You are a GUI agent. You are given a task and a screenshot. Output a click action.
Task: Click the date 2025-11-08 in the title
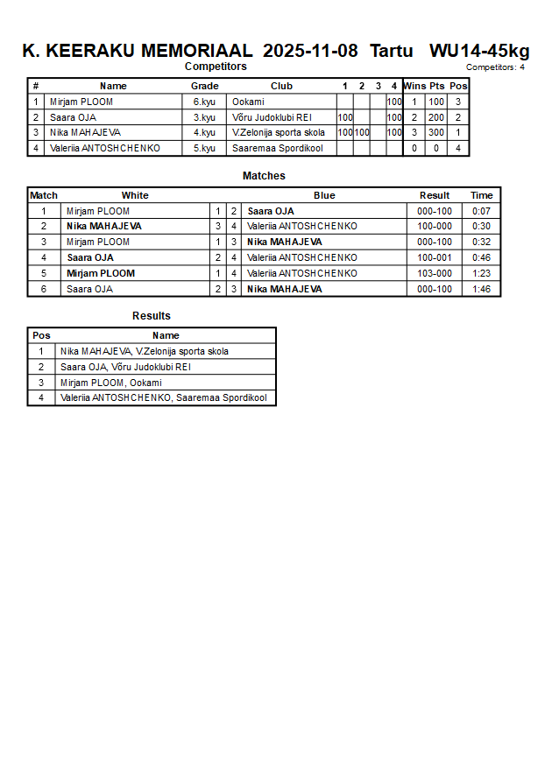[310, 51]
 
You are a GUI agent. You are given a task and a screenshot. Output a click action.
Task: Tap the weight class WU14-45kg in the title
[479, 51]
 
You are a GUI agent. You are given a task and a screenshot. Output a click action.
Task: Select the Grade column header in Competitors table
[204, 86]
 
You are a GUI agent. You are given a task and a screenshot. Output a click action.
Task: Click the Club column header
[281, 86]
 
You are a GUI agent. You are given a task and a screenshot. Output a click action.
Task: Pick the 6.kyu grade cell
[204, 102]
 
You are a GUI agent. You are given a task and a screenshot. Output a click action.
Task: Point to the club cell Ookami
[248, 102]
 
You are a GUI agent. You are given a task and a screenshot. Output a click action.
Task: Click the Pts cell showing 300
[436, 133]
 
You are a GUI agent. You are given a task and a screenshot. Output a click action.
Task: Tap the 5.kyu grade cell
[204, 148]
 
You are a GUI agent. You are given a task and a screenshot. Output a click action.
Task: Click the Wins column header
[414, 86]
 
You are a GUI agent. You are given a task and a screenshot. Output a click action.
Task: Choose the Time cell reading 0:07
[481, 211]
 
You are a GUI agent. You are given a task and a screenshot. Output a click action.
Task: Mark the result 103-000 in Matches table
[434, 273]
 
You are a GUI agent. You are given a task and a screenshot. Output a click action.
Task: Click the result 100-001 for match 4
[434, 257]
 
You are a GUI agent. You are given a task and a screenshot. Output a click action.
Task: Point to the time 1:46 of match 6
[481, 289]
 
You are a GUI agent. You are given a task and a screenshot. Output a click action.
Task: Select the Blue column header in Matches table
[324, 195]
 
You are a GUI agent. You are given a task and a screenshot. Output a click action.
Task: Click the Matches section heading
[264, 176]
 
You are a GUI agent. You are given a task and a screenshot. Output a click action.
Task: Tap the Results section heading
[152, 316]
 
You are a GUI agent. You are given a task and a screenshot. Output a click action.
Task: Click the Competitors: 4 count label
[495, 67]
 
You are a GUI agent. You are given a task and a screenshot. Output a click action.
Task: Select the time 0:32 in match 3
[481, 242]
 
